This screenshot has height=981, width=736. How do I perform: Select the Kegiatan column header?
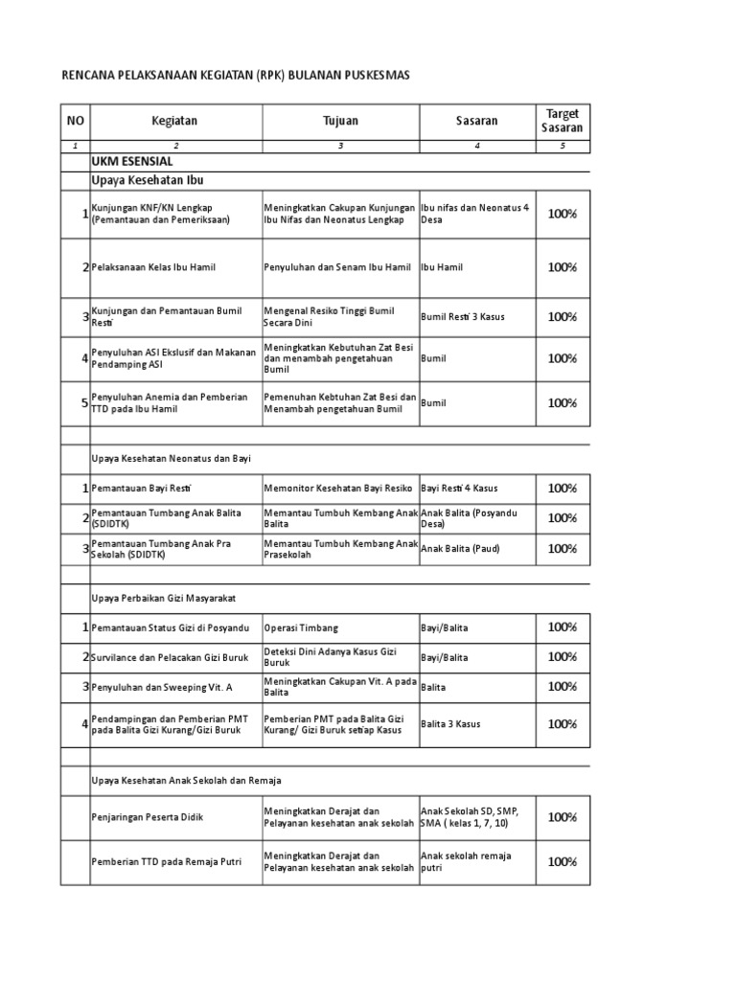pyautogui.click(x=173, y=121)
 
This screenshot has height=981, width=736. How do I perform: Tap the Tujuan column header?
pyautogui.click(x=340, y=121)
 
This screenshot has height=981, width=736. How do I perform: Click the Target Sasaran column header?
pyautogui.click(x=563, y=121)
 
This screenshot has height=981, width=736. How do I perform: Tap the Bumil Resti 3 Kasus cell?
pyautogui.click(x=462, y=316)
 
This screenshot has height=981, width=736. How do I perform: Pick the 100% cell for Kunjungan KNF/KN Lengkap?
pyautogui.click(x=563, y=214)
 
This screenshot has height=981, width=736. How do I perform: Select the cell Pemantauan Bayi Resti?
pyautogui.click(x=134, y=489)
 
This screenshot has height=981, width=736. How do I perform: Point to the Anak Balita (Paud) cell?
pyautogui.click(x=460, y=549)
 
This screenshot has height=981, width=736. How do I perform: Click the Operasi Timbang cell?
pyautogui.click(x=301, y=627)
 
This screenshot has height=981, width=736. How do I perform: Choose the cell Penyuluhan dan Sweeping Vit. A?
pyautogui.click(x=148, y=688)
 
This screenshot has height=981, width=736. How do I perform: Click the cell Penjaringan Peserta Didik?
pyautogui.click(x=148, y=817)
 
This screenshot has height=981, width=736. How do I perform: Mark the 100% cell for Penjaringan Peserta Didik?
pyautogui.click(x=563, y=817)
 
